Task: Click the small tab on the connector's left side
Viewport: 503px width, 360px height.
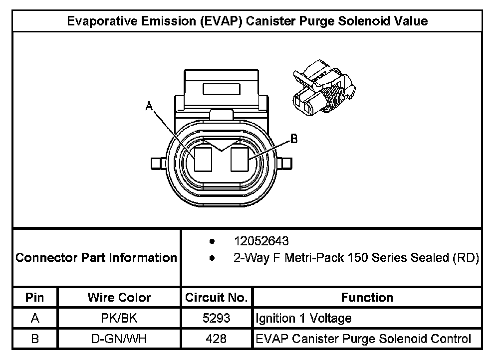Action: (157, 164)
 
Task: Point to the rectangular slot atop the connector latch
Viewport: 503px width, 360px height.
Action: (222, 90)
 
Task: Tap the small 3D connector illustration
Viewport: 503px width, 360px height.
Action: (323, 87)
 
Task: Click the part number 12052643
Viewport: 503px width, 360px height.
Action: (261, 241)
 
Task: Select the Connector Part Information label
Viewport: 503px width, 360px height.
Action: (96, 258)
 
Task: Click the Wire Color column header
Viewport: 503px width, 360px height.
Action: (119, 298)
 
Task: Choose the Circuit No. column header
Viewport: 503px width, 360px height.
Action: (216, 298)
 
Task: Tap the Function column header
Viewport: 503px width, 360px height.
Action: (367, 298)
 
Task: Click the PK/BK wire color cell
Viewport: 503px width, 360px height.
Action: (119, 318)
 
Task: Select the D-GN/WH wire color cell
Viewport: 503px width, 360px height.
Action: (119, 339)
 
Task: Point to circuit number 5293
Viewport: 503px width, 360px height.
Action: (216, 318)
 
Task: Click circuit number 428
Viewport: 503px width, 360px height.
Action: (216, 339)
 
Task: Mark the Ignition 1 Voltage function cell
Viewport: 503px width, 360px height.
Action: (303, 318)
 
